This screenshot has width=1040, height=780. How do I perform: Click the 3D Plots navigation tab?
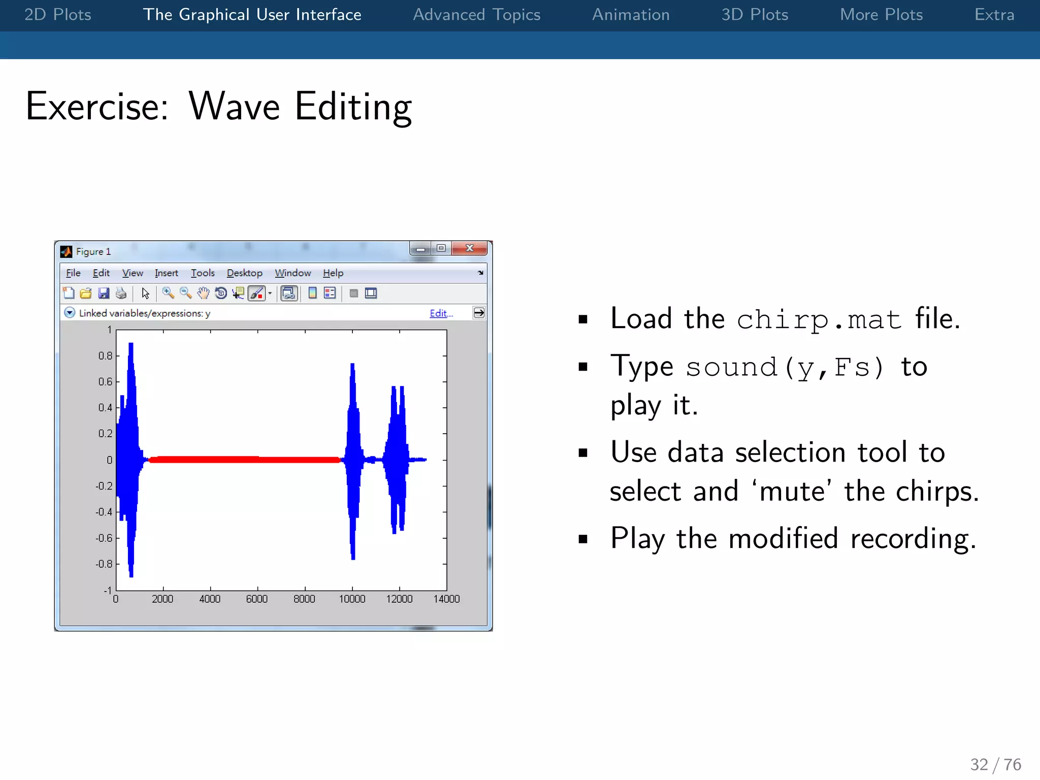point(755,15)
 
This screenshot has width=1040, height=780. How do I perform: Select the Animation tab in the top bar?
point(631,15)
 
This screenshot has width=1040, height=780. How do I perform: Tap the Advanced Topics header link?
point(476,15)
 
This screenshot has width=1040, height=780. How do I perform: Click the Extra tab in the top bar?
point(994,15)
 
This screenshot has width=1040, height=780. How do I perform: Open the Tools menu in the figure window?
point(203,273)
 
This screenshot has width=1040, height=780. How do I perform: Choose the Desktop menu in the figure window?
point(244,273)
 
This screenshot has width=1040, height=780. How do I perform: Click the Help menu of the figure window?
point(333,273)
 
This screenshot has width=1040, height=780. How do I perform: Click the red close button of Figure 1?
point(470,248)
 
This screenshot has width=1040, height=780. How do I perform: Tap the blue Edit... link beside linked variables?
point(441,313)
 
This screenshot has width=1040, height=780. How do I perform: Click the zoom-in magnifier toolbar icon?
point(168,293)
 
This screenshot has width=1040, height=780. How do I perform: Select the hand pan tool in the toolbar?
point(203,293)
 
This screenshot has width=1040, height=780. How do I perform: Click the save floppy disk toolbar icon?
point(104,293)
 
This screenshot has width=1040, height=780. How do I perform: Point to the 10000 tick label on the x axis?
point(352,599)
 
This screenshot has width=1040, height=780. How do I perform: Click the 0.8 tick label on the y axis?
point(106,356)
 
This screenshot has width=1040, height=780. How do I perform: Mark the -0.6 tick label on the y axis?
point(104,538)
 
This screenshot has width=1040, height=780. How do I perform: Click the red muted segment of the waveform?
point(244,460)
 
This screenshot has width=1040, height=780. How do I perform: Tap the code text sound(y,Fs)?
point(785,367)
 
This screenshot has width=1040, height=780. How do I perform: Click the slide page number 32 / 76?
point(995,764)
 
